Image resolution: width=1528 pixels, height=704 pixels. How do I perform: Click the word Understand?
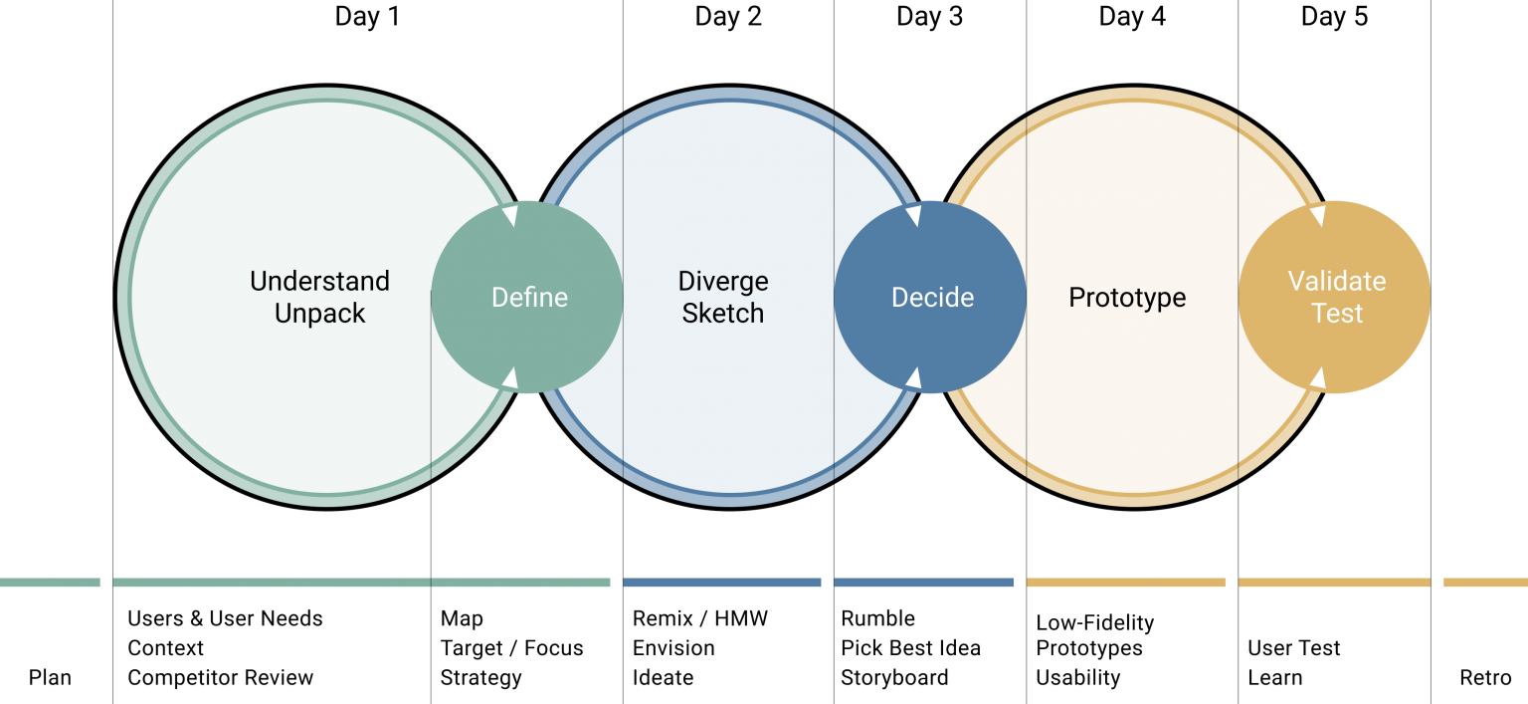click(x=319, y=281)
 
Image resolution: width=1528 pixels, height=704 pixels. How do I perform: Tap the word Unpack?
click(x=319, y=314)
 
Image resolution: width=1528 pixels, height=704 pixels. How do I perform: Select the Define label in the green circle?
click(x=529, y=298)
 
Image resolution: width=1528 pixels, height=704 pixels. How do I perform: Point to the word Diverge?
click(x=723, y=281)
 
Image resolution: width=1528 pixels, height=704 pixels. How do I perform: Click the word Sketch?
click(x=723, y=314)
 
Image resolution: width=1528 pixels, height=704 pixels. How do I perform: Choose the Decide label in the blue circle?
click(x=932, y=298)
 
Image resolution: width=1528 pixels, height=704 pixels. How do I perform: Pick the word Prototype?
click(x=1127, y=298)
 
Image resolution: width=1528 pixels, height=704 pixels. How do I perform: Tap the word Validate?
click(x=1337, y=281)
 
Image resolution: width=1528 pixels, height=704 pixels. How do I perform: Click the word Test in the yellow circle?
click(x=1337, y=314)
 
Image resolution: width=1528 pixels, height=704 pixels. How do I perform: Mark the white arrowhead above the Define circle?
click(x=510, y=215)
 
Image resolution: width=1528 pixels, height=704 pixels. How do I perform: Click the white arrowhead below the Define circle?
click(x=510, y=378)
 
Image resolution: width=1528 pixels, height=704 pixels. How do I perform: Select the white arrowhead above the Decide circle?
click(x=913, y=215)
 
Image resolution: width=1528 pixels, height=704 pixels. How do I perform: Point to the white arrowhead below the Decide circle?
click(x=913, y=378)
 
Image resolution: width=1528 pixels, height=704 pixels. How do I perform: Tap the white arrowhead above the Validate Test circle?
click(x=1317, y=215)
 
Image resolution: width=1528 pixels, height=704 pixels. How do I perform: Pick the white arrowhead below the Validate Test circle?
click(x=1317, y=378)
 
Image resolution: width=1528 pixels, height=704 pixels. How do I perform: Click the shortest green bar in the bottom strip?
click(x=50, y=583)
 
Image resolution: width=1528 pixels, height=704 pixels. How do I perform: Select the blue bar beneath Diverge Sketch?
click(x=722, y=583)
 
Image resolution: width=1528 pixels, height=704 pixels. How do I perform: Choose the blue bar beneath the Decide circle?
click(x=923, y=583)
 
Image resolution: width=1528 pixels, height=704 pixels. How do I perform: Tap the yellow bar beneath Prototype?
click(x=1125, y=583)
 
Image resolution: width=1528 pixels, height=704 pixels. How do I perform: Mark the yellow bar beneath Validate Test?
click(x=1334, y=583)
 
